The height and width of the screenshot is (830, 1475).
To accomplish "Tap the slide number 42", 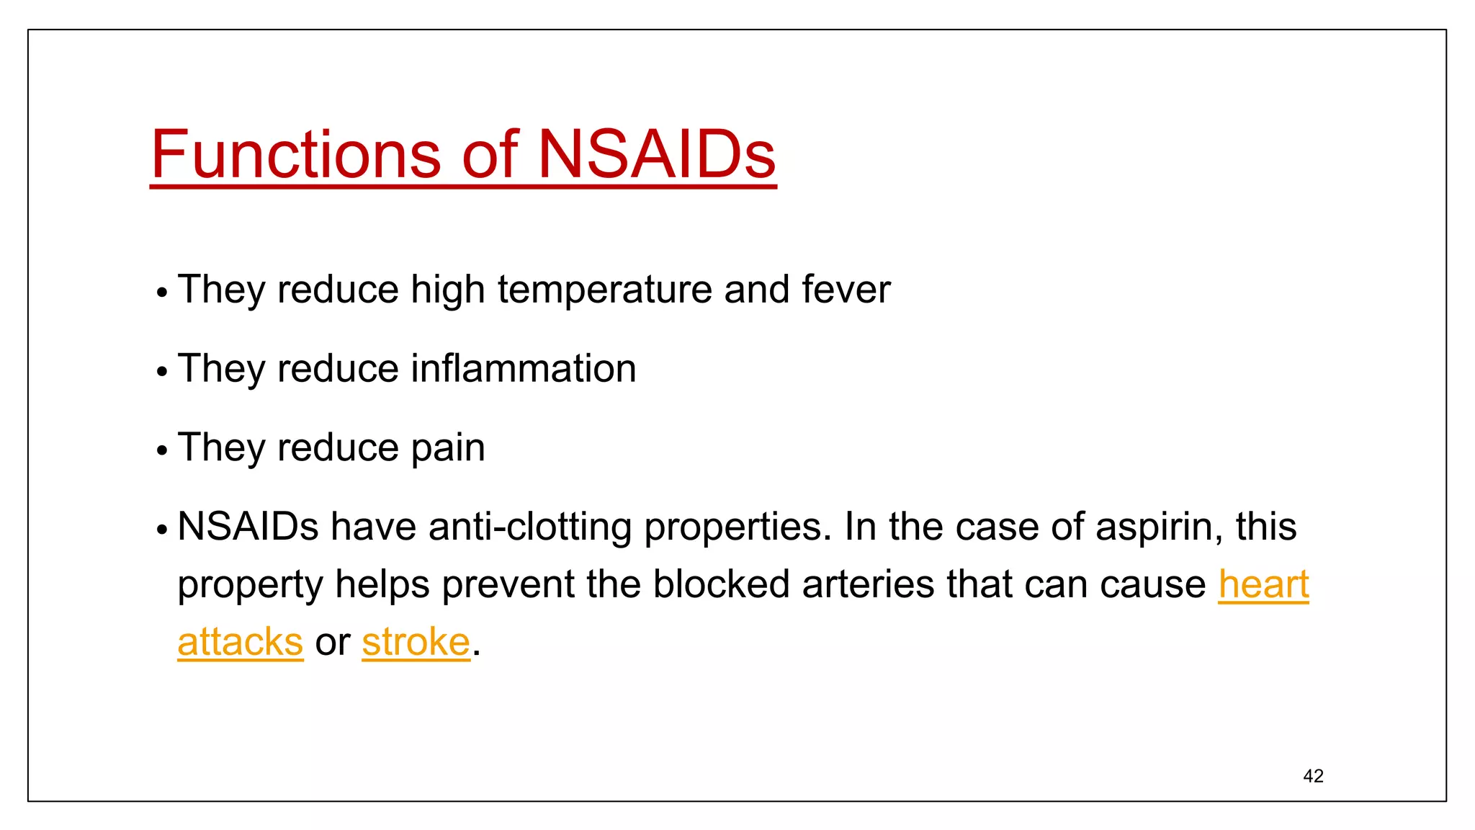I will [1313, 776].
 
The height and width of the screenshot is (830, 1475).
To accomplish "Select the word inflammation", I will [524, 369].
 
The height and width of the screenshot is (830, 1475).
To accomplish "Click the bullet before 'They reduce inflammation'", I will [162, 372].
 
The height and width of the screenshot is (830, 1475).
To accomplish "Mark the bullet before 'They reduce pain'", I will [162, 451].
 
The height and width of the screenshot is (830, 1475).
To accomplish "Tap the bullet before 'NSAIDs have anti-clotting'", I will [162, 530].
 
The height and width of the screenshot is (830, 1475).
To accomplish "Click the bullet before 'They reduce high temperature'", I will [162, 293].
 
